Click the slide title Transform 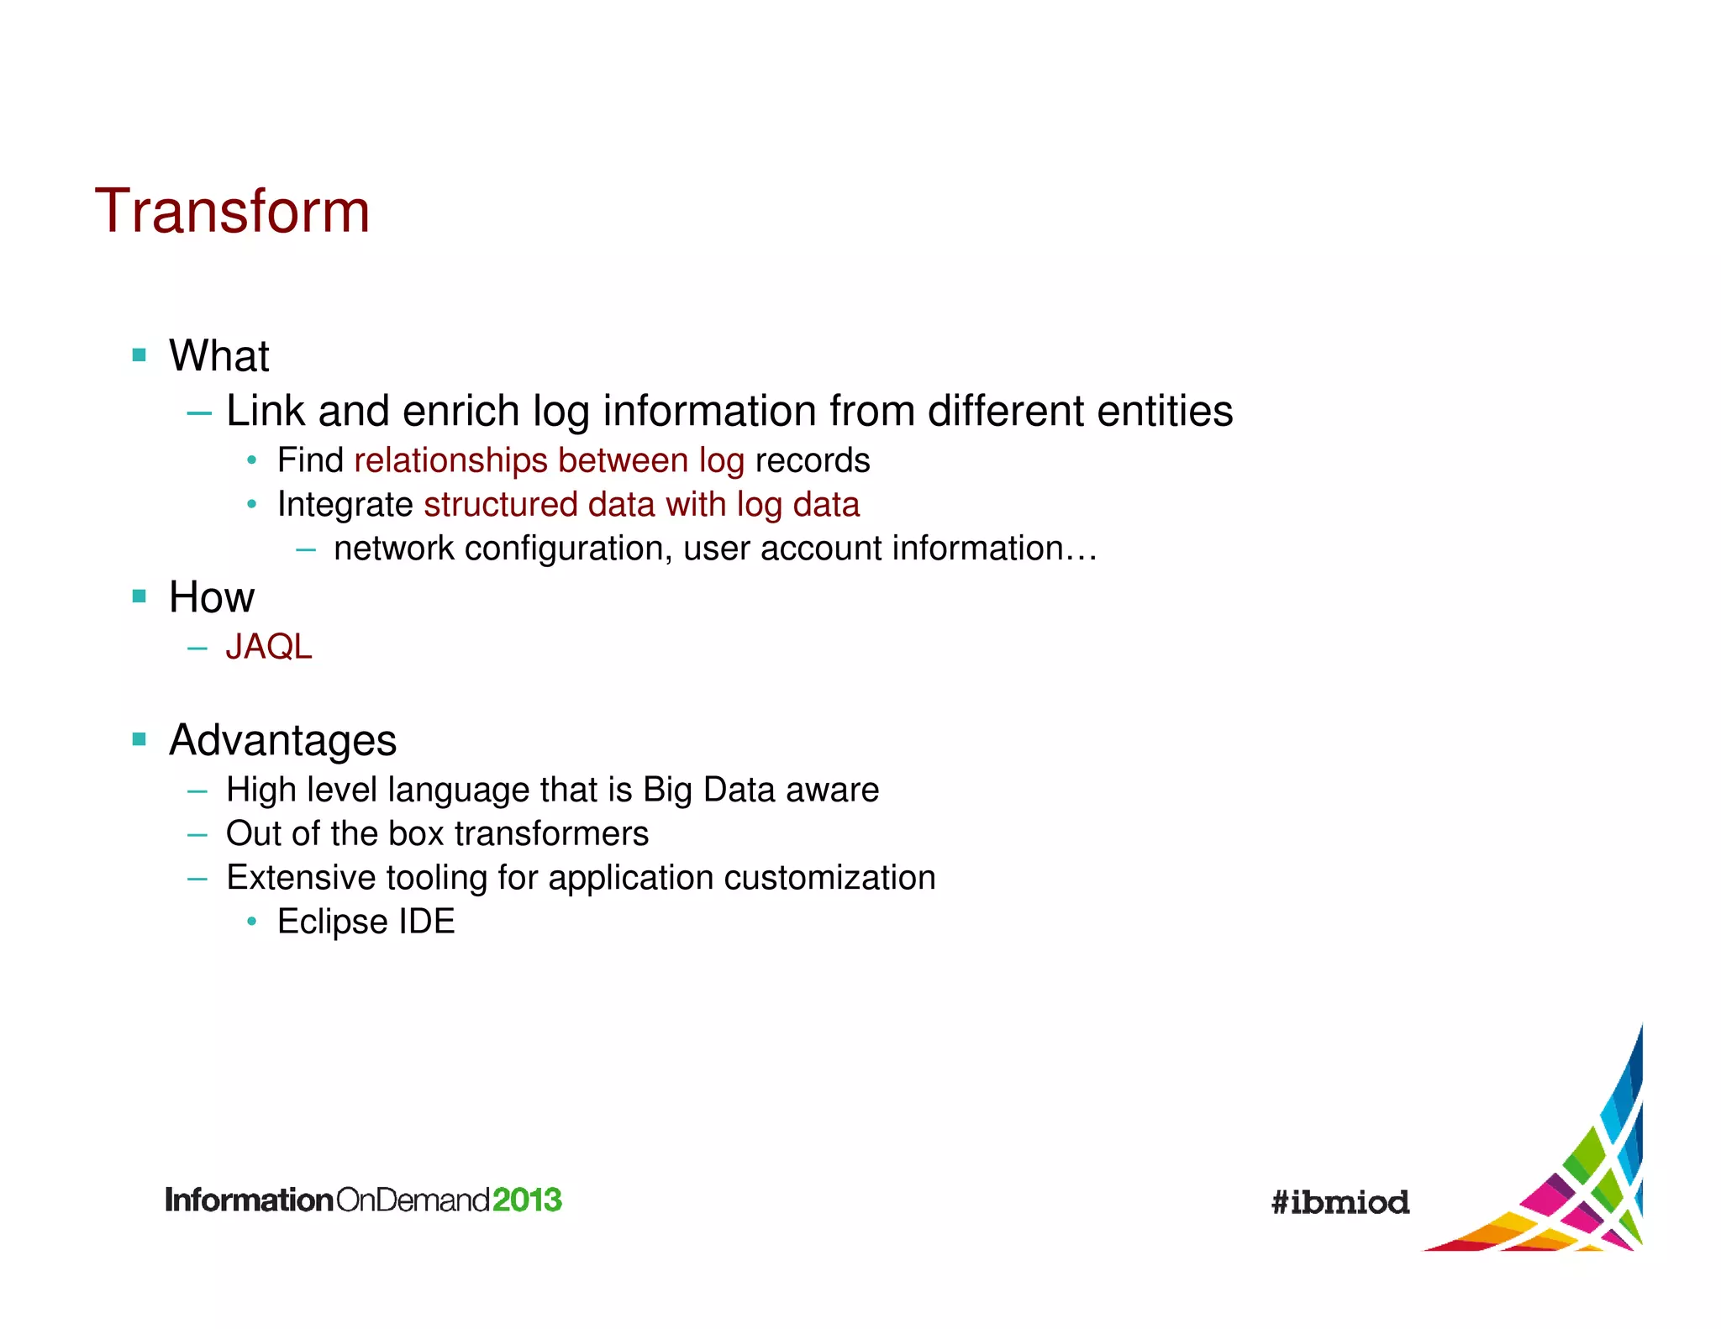pos(232,211)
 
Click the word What pos(218,355)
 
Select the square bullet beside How pos(139,596)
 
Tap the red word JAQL pos(269,647)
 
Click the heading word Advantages pos(282,740)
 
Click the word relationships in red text pos(450,460)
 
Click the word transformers pos(551,833)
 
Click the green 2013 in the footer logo pos(527,1200)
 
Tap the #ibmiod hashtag pos(1340,1202)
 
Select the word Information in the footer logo pos(250,1200)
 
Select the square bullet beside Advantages pos(139,740)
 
